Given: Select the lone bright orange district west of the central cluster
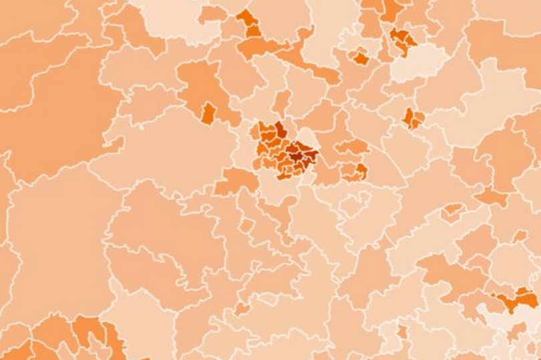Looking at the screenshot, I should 208,112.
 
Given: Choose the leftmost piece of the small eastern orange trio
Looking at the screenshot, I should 407,117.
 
